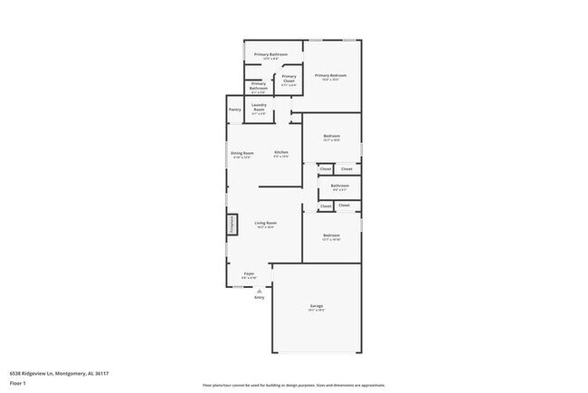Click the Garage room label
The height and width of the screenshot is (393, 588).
coord(317,306)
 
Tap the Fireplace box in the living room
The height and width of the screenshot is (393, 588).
coord(231,225)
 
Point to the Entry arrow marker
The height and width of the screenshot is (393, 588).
coord(259,291)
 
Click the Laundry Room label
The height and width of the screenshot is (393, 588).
coord(259,109)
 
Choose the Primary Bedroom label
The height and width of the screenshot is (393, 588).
coord(331,75)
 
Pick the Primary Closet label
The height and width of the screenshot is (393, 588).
coord(289,76)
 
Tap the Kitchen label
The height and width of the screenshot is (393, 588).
coord(281,152)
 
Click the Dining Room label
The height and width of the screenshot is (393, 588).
coord(242,153)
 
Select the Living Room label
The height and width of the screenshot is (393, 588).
coord(265,223)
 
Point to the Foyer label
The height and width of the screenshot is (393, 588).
coord(249,273)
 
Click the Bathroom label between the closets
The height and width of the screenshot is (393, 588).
coord(339,185)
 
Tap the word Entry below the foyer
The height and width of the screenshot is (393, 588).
coord(259,297)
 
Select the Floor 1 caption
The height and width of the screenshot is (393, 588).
coord(17,383)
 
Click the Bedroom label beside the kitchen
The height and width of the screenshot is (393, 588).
coord(332,136)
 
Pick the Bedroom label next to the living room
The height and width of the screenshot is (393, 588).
coord(332,235)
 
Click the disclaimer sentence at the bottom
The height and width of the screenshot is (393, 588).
coord(294,384)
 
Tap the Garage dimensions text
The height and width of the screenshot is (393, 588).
coord(317,311)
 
